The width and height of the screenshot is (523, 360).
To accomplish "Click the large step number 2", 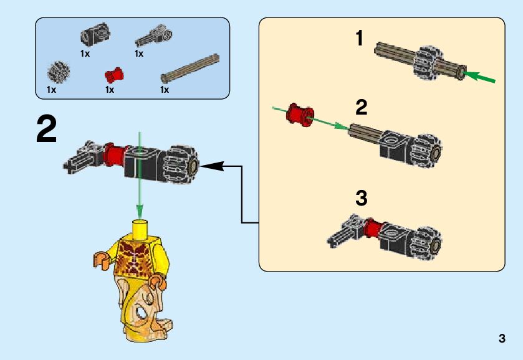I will (x=47, y=129).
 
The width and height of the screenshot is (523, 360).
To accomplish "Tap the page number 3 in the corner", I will (x=502, y=339).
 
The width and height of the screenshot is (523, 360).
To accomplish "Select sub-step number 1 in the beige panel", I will (x=359, y=39).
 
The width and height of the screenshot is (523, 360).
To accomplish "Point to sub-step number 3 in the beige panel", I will (x=361, y=199).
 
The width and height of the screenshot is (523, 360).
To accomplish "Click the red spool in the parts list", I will (x=113, y=76).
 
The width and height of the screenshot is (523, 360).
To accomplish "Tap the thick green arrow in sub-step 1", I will (x=481, y=78).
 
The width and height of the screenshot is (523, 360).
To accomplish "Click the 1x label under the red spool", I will (x=110, y=90).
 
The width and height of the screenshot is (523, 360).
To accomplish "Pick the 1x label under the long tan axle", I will (x=165, y=90).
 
